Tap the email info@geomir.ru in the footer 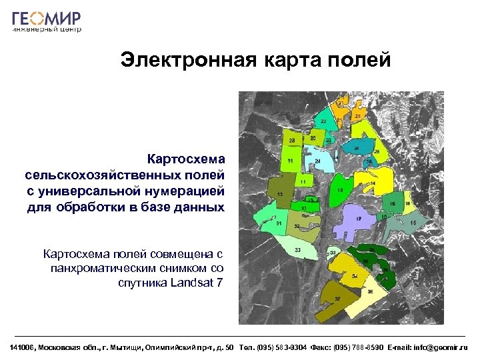pyautogui.click(x=441, y=347)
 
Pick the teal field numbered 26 pyautogui.click(x=356, y=148)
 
